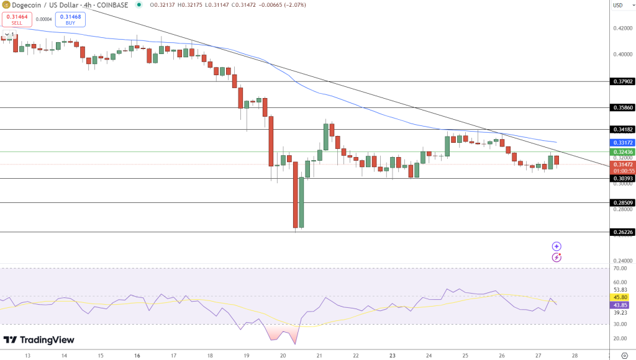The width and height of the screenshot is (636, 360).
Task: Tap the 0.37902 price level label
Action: (x=622, y=81)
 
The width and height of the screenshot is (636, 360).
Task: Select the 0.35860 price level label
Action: (x=622, y=107)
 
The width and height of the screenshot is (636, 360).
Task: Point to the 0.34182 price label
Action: (x=622, y=129)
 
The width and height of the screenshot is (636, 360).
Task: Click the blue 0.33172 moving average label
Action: (x=622, y=142)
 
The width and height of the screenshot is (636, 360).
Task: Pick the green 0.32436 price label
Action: (x=622, y=151)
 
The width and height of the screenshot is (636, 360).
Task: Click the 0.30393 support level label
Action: (x=622, y=179)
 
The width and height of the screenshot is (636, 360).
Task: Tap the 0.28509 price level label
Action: (x=622, y=202)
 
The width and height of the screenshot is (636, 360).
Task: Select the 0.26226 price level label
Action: (x=622, y=232)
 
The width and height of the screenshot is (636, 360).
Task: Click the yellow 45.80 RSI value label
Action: (x=620, y=297)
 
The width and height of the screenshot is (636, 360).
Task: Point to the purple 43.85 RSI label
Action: (x=620, y=305)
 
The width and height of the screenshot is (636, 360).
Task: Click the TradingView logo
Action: (x=39, y=340)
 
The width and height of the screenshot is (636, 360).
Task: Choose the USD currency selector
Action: (x=618, y=5)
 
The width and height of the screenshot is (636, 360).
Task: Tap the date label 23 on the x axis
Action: (x=393, y=356)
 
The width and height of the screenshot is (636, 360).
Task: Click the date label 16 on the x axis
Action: (x=137, y=356)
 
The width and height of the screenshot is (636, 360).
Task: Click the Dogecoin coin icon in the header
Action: (x=6, y=5)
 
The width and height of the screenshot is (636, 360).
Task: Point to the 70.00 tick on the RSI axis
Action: (x=619, y=268)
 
